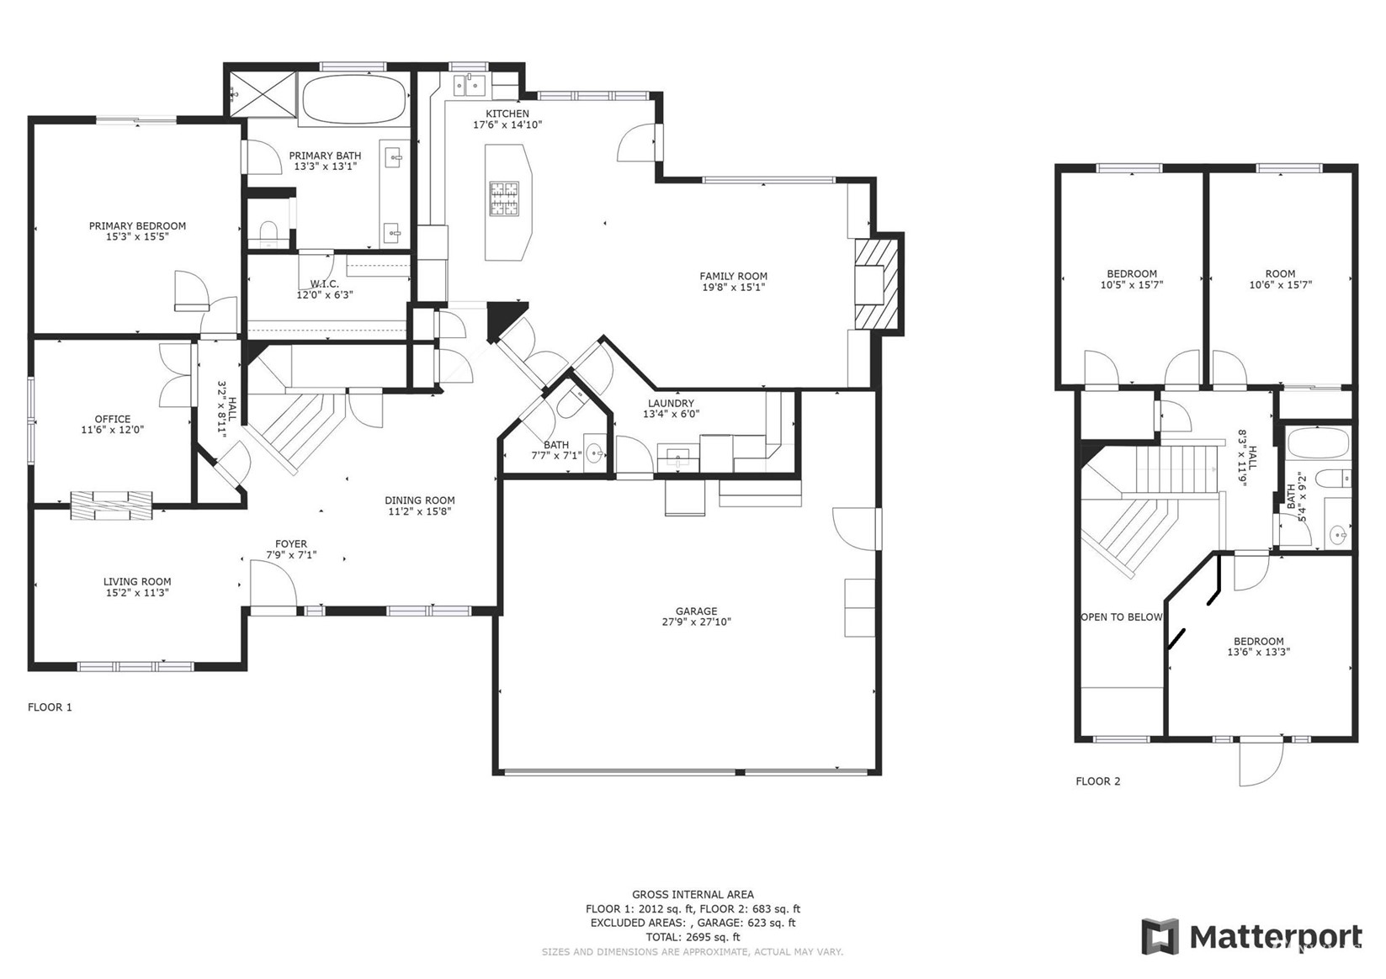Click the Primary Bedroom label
pos(137,225)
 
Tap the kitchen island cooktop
pos(507,199)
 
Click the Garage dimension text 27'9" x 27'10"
pos(696,622)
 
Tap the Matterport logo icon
pos(1160,936)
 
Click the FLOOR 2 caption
pos(1097,781)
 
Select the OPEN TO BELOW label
pos(1121,617)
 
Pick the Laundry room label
pos(671,404)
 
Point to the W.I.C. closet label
pos(324,284)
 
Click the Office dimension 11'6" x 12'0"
pos(113,430)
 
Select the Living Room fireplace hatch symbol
pos(111,506)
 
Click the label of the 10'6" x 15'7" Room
pos(1280,274)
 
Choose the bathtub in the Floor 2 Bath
pos(1318,442)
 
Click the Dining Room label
pos(420,500)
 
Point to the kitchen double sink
pos(470,84)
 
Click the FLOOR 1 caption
pos(50,707)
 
